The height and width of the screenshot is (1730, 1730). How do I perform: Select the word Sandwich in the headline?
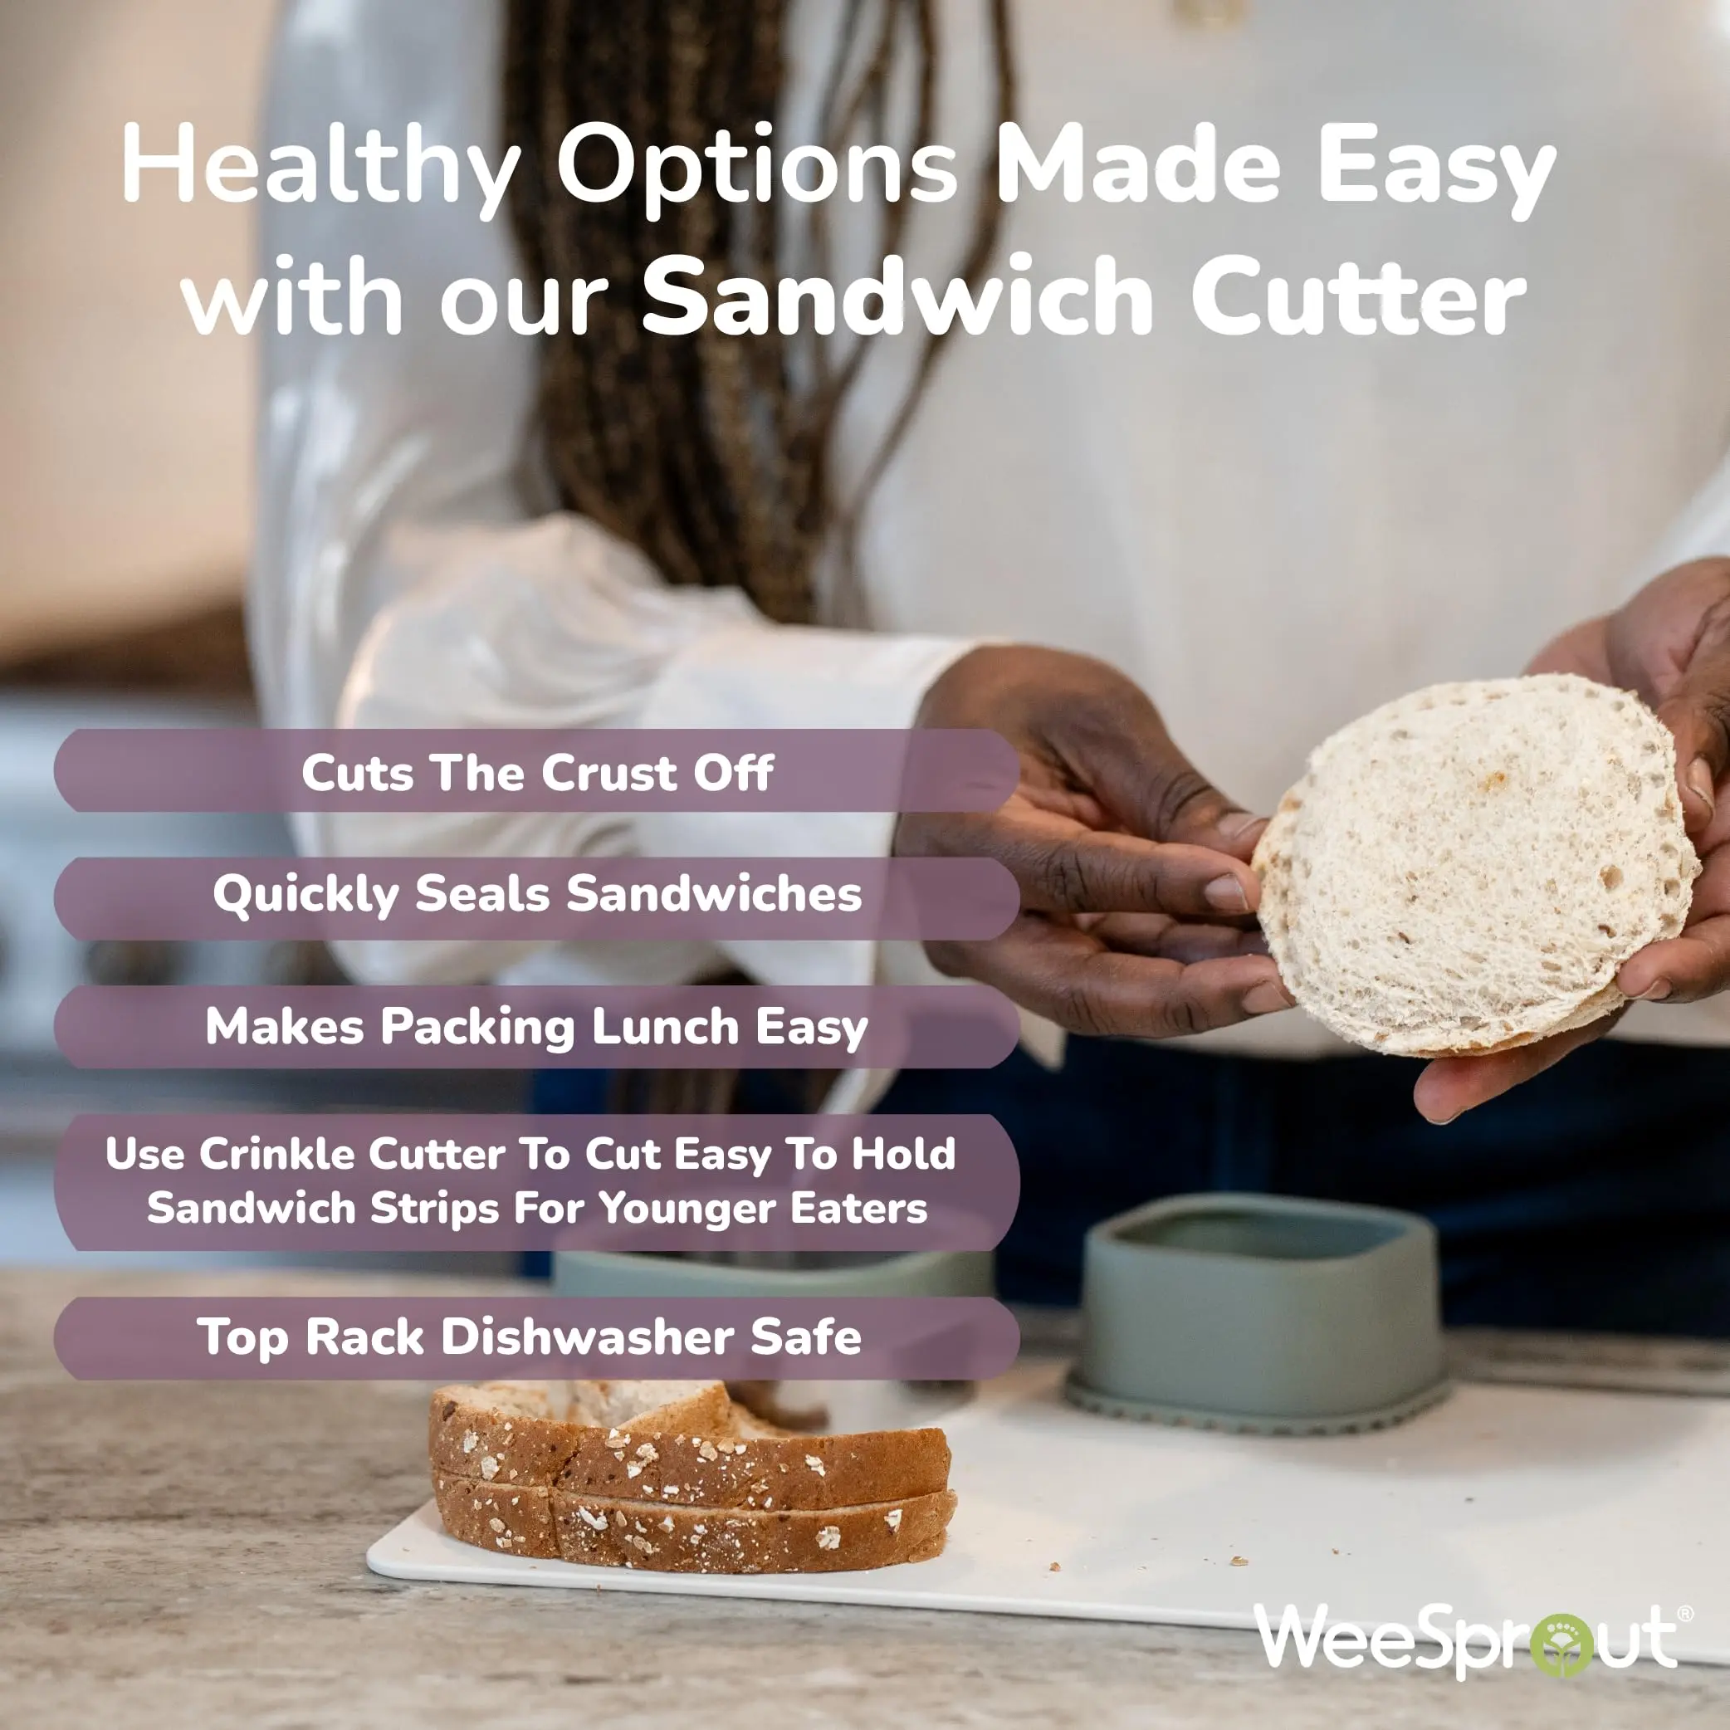coord(898,296)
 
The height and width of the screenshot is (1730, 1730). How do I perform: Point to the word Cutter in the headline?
coord(1357,296)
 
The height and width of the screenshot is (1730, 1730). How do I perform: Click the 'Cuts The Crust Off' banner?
coord(536,771)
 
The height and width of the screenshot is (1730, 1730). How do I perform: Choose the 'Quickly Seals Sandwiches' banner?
coord(536,898)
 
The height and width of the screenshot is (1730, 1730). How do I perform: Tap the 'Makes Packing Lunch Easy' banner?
coord(536,1026)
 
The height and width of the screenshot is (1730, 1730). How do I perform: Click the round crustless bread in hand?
coord(1475,865)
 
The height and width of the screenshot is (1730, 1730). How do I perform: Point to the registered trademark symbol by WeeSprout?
coord(1685,1613)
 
